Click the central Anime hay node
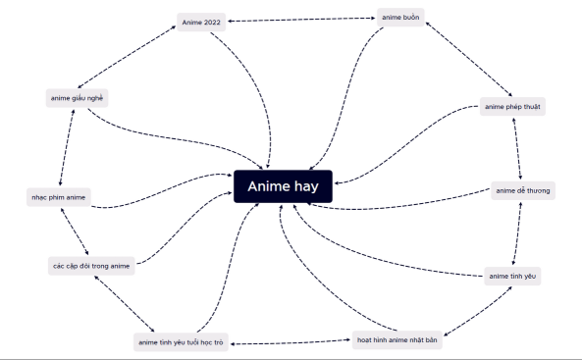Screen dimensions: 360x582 (x=284, y=186)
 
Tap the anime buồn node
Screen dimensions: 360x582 (x=400, y=17)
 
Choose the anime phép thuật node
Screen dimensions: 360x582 (x=512, y=106)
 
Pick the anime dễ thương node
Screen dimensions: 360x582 (x=523, y=190)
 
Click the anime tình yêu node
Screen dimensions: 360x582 (x=512, y=277)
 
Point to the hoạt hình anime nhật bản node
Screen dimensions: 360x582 (x=397, y=341)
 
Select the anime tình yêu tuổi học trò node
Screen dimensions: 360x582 (x=181, y=342)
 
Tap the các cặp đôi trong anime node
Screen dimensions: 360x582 (x=91, y=265)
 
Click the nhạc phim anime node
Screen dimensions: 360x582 (x=58, y=198)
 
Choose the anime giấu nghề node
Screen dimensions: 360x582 (x=76, y=98)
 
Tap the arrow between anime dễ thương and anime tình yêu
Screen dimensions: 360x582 (x=516, y=233)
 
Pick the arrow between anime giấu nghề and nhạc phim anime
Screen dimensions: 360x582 (x=67, y=147)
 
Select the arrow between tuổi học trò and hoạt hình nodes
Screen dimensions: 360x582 (x=291, y=342)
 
